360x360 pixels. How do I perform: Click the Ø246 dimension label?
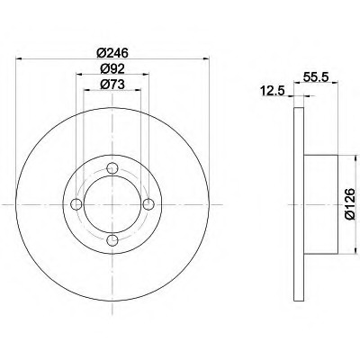coord(112,53)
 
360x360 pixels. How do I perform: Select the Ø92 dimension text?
coord(112,69)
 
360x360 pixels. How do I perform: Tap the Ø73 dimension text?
coord(112,85)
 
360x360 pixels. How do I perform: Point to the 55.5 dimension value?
coord(317,77)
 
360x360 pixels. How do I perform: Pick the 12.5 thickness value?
coord(273,91)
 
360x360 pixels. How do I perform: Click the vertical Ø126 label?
coord(350,204)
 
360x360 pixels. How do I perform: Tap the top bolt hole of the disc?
coord(112,167)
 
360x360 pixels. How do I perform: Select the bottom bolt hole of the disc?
coord(112,240)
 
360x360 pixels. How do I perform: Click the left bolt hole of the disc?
coord(76,204)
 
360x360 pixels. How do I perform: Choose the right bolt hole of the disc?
coord(148,204)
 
